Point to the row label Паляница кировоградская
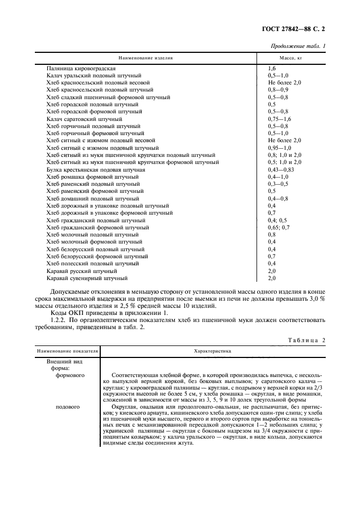click(x=81, y=68)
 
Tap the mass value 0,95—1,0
click(x=280, y=148)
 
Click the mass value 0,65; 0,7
click(x=279, y=227)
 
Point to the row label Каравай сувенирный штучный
click(x=83, y=278)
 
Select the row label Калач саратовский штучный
click(x=84, y=118)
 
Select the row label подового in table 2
click(x=68, y=406)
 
